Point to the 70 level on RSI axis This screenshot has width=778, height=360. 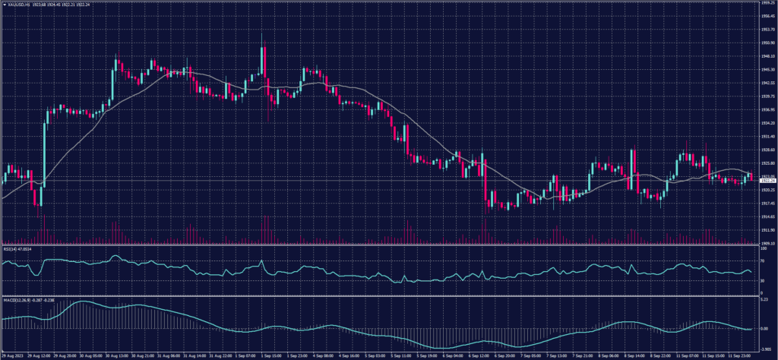tap(762, 261)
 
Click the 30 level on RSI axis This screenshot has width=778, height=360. tap(762, 281)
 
